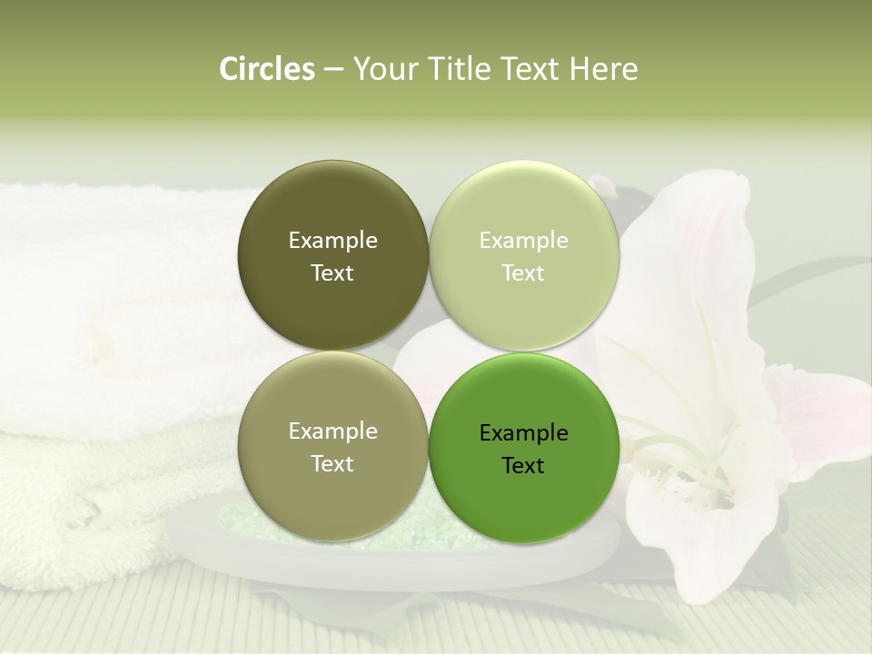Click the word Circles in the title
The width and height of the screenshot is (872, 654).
click(266, 69)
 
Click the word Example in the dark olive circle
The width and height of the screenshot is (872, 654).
click(332, 241)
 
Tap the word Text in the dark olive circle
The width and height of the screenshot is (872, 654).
click(332, 273)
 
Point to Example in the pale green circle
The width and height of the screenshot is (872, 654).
click(524, 241)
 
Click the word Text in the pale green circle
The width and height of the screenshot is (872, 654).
click(524, 273)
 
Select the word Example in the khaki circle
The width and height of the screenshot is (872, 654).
click(332, 431)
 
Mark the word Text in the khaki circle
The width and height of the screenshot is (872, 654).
click(332, 464)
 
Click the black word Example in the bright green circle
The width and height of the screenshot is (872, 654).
click(524, 433)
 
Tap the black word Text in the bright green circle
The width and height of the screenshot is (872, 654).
click(524, 466)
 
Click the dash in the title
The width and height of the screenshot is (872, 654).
click(333, 69)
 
